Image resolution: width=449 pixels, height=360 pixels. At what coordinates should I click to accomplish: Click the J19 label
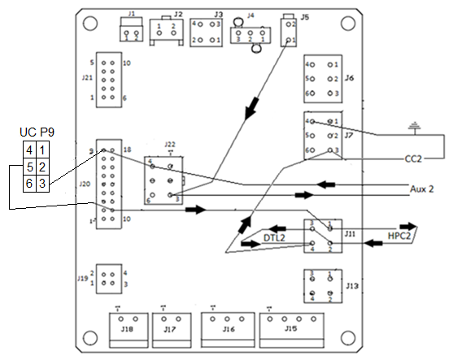[x=82, y=279]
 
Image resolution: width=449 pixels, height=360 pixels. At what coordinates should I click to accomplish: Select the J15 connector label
[x=290, y=329]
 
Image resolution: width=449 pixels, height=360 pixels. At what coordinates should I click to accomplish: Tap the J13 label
[x=351, y=286]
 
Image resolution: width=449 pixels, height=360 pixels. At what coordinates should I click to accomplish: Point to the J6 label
[x=349, y=78]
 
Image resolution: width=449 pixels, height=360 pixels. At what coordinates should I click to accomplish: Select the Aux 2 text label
[x=421, y=188]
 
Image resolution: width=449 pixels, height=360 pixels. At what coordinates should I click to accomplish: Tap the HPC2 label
[x=398, y=237]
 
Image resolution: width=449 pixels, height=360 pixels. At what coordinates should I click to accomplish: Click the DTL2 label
[x=275, y=237]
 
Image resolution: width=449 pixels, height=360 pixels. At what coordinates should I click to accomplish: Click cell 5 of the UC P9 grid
[x=28, y=167]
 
